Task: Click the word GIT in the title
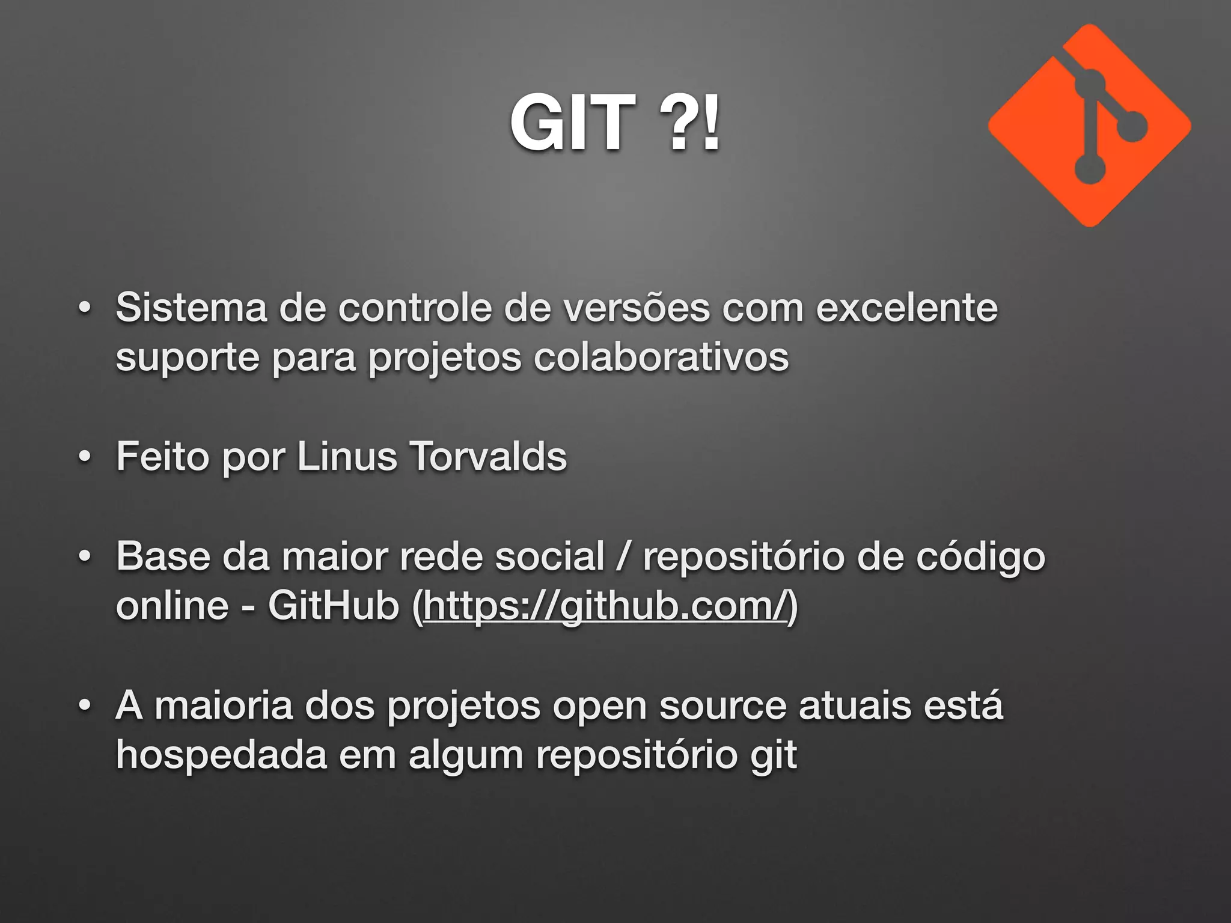tap(572, 124)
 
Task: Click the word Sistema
tap(191, 308)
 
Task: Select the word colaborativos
tap(661, 357)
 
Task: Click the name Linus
tap(347, 457)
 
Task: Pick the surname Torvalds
tap(488, 457)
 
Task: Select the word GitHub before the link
tap(334, 606)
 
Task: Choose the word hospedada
tap(221, 756)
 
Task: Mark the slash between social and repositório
tap(623, 556)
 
